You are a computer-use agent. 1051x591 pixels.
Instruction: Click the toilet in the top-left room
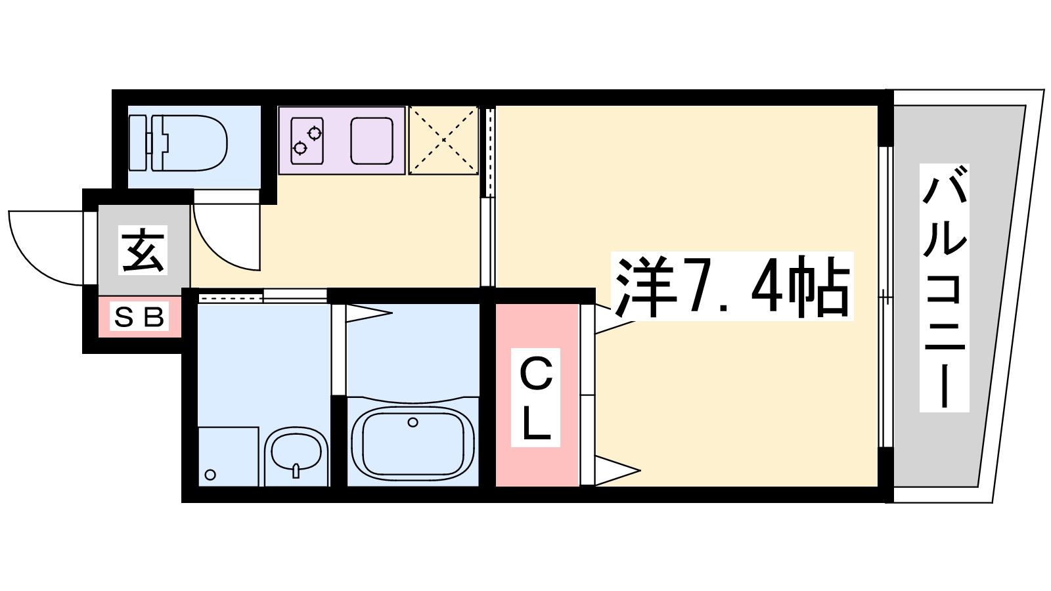click(x=187, y=142)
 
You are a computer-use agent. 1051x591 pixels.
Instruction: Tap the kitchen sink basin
click(x=371, y=141)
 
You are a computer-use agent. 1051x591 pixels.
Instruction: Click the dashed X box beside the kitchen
click(x=443, y=141)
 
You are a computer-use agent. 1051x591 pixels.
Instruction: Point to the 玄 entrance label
click(x=143, y=250)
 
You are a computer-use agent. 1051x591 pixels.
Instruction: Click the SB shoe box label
click(x=139, y=317)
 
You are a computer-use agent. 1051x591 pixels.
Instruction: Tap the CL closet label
click(x=536, y=398)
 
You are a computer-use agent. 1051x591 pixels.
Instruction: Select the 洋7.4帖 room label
click(x=732, y=286)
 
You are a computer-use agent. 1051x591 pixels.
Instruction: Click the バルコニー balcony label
click(x=944, y=288)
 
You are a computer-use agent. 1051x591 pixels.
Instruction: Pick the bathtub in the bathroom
click(x=413, y=441)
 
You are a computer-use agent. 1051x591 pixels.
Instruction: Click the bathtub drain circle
click(x=413, y=422)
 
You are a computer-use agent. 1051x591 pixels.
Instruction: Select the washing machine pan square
click(x=228, y=456)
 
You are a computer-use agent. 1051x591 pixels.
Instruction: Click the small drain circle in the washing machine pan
click(x=210, y=475)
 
